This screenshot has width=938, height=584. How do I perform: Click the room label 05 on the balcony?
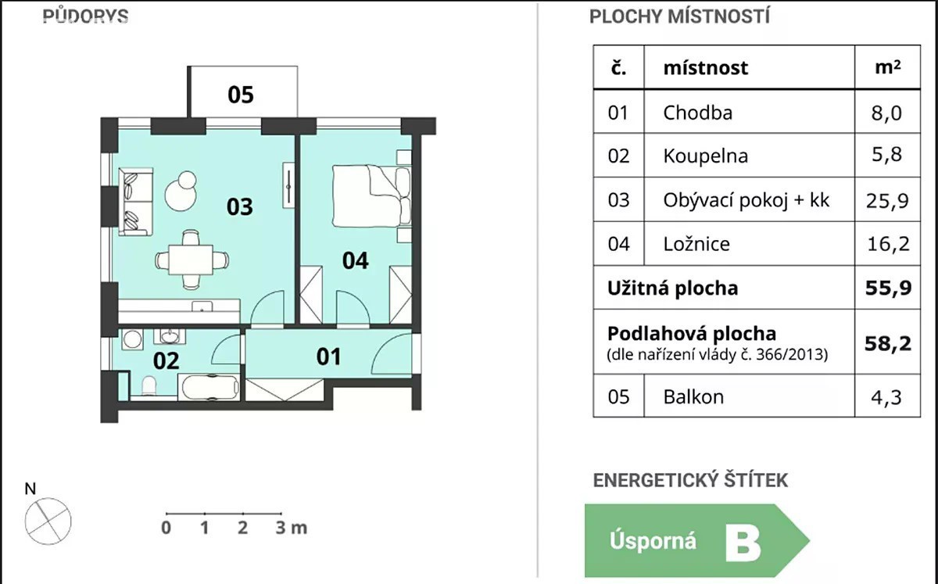click(241, 95)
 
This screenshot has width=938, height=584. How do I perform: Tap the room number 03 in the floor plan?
click(239, 207)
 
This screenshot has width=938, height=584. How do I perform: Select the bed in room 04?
click(371, 195)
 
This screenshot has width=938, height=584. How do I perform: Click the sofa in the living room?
click(135, 202)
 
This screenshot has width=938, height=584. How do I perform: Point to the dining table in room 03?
click(191, 260)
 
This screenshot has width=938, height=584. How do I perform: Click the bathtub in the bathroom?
click(209, 387)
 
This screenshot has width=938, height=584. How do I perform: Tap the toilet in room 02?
click(149, 386)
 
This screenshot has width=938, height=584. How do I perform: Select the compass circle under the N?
click(48, 521)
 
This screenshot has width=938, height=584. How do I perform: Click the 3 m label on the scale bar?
click(291, 528)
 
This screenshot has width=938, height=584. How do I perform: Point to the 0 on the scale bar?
click(166, 528)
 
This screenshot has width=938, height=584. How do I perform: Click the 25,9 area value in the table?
click(887, 201)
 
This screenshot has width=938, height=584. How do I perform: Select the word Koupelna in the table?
click(705, 156)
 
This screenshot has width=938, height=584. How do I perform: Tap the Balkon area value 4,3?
click(886, 397)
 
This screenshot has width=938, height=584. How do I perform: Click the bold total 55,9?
click(888, 288)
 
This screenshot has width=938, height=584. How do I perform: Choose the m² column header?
click(887, 67)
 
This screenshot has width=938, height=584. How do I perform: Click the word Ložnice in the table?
click(696, 244)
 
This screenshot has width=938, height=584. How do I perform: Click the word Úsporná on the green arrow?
click(653, 540)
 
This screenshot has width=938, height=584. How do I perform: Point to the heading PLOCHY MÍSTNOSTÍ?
click(679, 16)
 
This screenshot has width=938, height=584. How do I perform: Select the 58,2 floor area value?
click(888, 343)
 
